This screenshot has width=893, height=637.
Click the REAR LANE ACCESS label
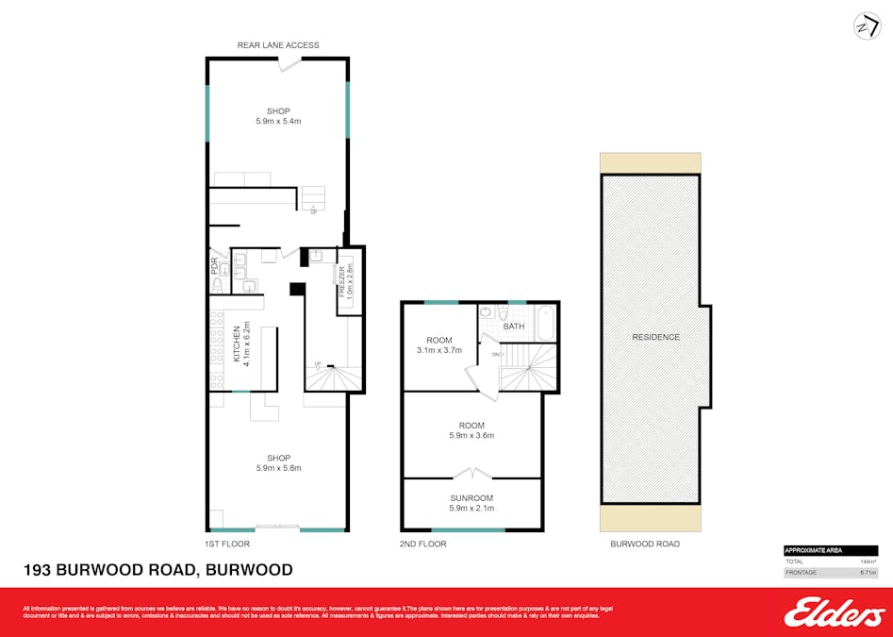coord(277,45)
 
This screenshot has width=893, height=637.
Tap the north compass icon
coord(867,25)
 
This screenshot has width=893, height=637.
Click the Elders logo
coord(834,613)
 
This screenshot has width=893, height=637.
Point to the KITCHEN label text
coord(236,343)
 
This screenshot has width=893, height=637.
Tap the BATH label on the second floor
coord(514,327)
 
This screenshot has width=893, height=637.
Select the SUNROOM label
coord(471,497)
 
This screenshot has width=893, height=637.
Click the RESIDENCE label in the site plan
coord(655,337)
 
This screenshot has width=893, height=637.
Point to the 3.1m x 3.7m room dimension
coord(439,350)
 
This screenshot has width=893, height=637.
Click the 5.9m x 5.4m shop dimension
coord(277,121)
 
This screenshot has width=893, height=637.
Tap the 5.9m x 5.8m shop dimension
coord(277,468)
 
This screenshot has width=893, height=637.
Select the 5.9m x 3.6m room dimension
coord(471,435)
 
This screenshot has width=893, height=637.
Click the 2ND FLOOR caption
coord(423,545)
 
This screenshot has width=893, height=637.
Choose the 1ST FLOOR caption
coord(227,545)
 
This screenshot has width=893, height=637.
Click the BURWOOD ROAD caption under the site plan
coord(645,545)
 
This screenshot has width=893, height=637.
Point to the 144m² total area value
coord(868,562)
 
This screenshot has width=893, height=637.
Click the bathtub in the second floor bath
coord(545,322)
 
